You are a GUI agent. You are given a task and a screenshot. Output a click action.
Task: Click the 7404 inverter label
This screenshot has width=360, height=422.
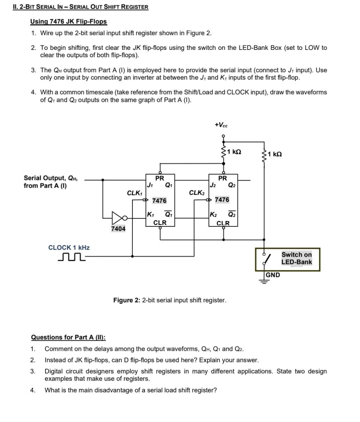tap(118, 229)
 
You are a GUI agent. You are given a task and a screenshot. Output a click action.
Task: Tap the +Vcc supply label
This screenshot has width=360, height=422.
tap(221, 125)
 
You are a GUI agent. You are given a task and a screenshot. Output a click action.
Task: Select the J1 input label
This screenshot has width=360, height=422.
tap(150, 185)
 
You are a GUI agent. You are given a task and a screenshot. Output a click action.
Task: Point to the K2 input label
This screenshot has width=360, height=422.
tap(213, 214)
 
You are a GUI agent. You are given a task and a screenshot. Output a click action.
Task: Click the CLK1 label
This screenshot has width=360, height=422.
tap(134, 193)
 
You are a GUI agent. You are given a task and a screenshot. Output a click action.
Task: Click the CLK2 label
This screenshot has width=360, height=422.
tap(197, 193)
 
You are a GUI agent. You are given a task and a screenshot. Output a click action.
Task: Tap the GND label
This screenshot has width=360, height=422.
tap(273, 275)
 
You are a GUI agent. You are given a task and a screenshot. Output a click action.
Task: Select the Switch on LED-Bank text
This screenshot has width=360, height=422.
tap(297, 258)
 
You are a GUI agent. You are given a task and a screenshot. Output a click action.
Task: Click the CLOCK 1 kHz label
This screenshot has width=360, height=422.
tap(69, 248)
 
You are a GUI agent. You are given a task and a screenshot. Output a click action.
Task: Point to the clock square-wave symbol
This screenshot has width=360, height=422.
tap(71, 258)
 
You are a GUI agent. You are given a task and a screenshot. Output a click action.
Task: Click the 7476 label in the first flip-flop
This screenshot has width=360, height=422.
tap(159, 201)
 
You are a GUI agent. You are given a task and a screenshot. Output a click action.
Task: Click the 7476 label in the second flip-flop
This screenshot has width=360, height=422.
tap(222, 200)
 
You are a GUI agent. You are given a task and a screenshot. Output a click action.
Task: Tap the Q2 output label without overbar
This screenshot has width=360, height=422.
tap(232, 185)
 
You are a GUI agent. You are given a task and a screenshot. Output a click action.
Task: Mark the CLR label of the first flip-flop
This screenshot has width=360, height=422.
tap(160, 223)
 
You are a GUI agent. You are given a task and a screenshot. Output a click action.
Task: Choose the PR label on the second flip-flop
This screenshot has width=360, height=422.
tap(222, 178)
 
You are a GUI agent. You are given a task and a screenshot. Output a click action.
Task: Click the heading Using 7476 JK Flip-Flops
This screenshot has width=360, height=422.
tap(68, 22)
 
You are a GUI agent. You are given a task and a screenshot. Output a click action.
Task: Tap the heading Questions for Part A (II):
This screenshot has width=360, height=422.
tap(68, 337)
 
